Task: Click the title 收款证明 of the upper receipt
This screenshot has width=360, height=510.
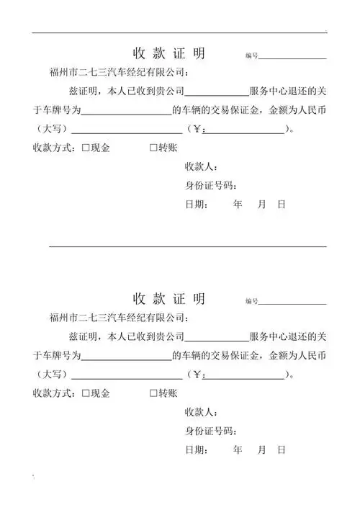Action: point(169,54)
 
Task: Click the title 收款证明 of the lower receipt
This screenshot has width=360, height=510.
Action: point(169,299)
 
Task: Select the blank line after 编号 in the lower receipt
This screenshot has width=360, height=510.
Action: point(292,303)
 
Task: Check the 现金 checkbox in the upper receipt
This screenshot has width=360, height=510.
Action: point(86,148)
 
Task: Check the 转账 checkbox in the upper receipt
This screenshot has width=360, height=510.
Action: point(153,148)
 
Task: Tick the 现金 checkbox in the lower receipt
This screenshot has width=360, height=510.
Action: point(86,393)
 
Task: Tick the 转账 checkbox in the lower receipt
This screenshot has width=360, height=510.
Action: point(153,393)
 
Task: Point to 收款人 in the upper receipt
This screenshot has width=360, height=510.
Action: point(200,167)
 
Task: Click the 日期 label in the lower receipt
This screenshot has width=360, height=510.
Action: point(197,449)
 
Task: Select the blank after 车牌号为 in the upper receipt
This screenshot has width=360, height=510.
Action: point(127,112)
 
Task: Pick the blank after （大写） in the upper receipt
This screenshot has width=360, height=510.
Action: point(127,130)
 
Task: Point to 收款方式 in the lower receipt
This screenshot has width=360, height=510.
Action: point(55,393)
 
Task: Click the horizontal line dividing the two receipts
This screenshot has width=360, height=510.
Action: point(187,246)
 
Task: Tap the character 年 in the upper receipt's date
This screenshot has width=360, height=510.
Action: point(238,205)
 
